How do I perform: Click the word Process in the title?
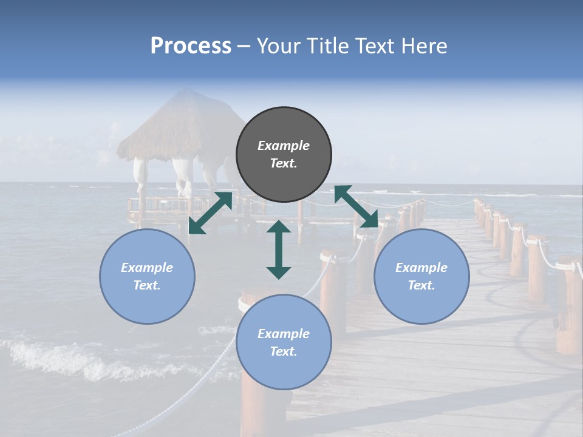(x=191, y=46)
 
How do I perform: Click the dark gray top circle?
(x=284, y=154)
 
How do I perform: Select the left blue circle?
(x=147, y=276)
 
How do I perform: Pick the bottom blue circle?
(x=284, y=342)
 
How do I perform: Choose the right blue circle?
(x=421, y=276)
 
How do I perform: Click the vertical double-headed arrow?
(x=279, y=249)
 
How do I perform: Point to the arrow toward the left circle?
(x=210, y=213)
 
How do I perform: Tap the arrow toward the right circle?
(x=356, y=206)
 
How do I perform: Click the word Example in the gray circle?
(x=284, y=146)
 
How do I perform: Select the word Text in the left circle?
(x=147, y=285)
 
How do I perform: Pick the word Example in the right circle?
(x=421, y=268)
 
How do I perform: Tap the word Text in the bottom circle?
(x=284, y=351)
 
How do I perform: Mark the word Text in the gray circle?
(x=283, y=163)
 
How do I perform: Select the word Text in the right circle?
(x=421, y=285)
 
